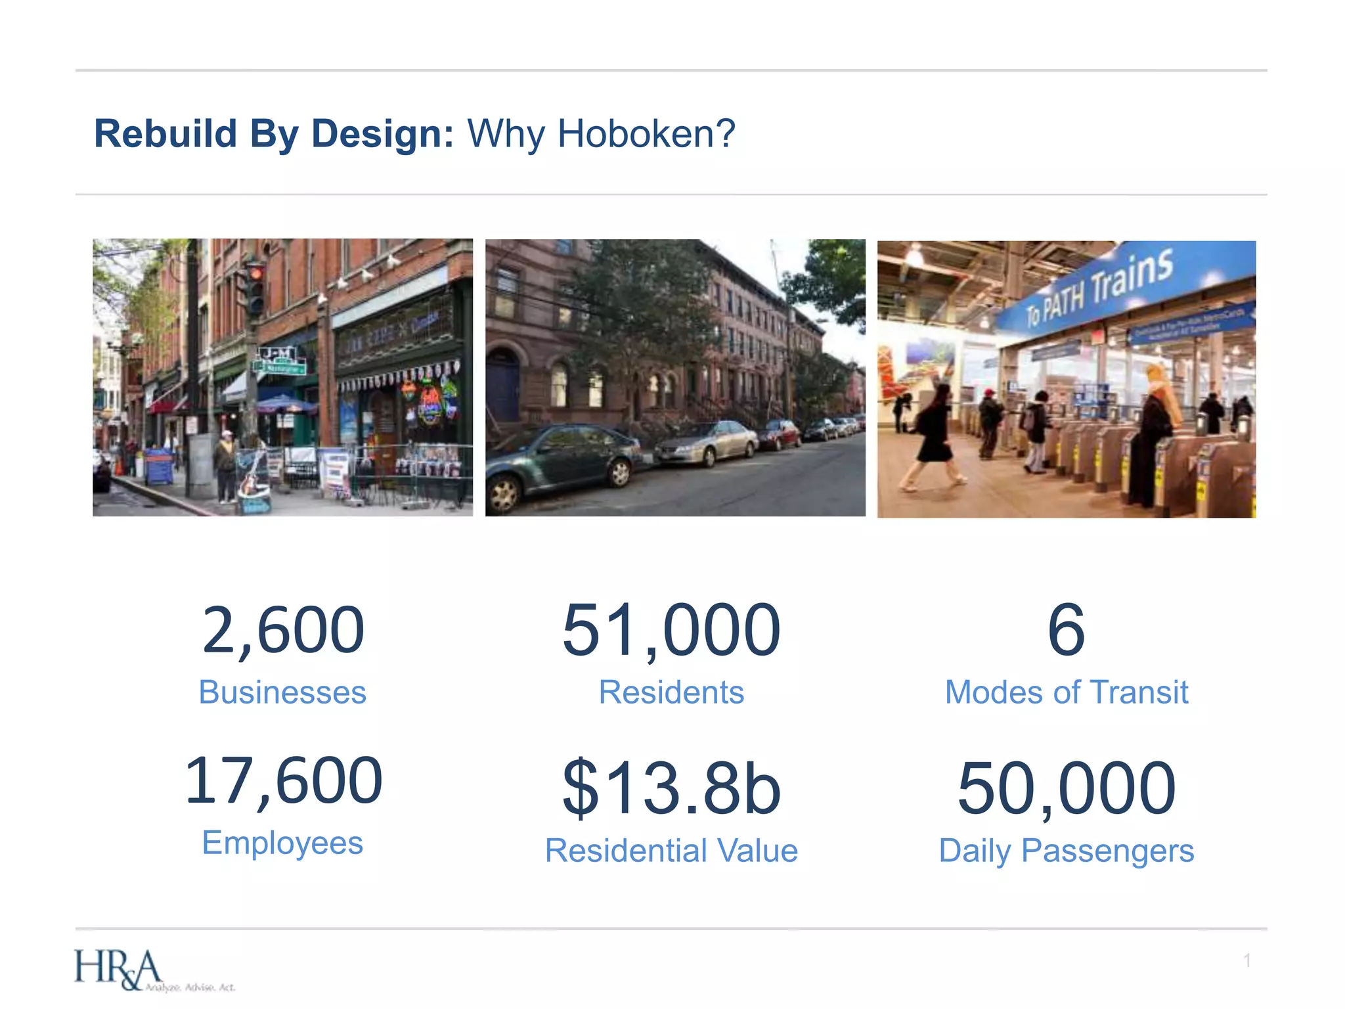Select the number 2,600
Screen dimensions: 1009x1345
click(x=283, y=630)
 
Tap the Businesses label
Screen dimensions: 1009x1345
click(x=282, y=692)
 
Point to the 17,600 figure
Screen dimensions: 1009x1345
click(x=283, y=780)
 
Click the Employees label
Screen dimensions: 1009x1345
click(x=282, y=843)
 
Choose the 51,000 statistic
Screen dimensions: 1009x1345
click(x=671, y=630)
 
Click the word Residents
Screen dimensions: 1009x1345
click(x=671, y=692)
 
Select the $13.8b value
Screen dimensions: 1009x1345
click(x=671, y=788)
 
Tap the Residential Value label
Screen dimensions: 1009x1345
click(x=671, y=851)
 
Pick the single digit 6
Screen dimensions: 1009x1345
click(x=1065, y=630)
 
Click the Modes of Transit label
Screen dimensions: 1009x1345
click(x=1066, y=692)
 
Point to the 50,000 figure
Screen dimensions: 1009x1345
click(x=1066, y=788)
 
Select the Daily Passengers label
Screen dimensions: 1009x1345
click(x=1066, y=851)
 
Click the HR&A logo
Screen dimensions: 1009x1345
click(x=118, y=970)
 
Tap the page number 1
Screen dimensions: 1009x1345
click(x=1246, y=960)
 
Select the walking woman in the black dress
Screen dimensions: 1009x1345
click(x=933, y=437)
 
